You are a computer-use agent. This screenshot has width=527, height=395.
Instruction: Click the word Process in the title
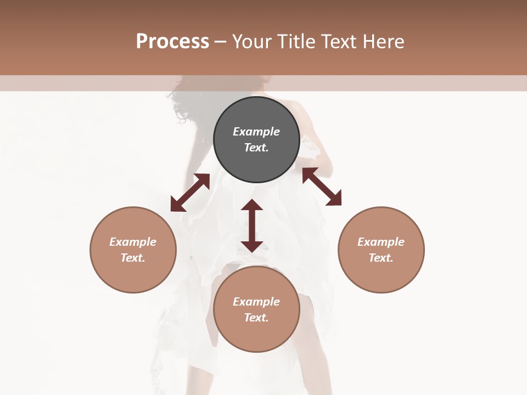click(172, 42)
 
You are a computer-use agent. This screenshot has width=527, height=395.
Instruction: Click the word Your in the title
click(251, 42)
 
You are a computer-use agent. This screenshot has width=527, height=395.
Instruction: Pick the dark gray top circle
click(256, 139)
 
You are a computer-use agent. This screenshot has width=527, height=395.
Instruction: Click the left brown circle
click(133, 250)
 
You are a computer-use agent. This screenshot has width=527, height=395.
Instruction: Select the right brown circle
click(381, 250)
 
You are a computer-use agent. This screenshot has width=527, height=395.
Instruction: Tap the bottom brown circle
click(256, 309)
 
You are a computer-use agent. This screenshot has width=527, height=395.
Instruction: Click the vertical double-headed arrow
click(252, 225)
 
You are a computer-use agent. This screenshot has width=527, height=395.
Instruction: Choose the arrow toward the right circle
click(322, 187)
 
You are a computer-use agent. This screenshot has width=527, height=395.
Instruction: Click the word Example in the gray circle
click(256, 132)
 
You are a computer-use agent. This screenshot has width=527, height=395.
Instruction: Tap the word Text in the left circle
click(133, 258)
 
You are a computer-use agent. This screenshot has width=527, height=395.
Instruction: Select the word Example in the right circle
click(381, 242)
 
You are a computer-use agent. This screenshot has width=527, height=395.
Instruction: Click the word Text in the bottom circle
click(256, 318)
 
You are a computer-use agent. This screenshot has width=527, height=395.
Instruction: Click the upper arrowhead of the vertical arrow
click(252, 205)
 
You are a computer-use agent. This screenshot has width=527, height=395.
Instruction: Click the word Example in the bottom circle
click(256, 302)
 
